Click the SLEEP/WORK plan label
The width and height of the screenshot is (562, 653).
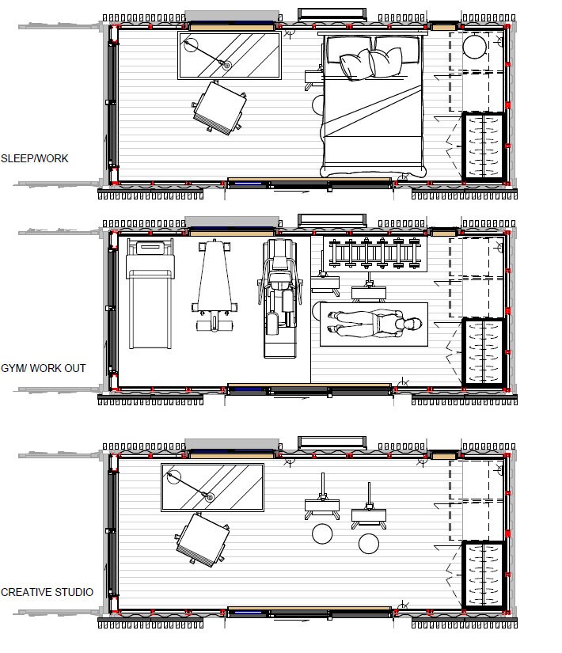pos(35,158)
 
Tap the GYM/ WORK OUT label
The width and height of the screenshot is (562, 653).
pos(43,368)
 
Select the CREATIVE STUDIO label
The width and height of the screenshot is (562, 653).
pos(47,592)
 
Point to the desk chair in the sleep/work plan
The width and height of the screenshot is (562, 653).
pos(216,106)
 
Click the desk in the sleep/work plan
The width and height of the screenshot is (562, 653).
pos(229,55)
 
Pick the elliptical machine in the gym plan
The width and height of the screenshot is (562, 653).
pos(279,297)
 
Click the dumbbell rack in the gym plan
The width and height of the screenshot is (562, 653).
pos(374,253)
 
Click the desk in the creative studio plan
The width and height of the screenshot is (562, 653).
pos(212,488)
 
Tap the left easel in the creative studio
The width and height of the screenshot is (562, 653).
pos(322,503)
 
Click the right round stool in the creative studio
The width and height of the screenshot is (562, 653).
pos(369,544)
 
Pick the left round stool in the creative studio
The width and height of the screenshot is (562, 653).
pos(322,534)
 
